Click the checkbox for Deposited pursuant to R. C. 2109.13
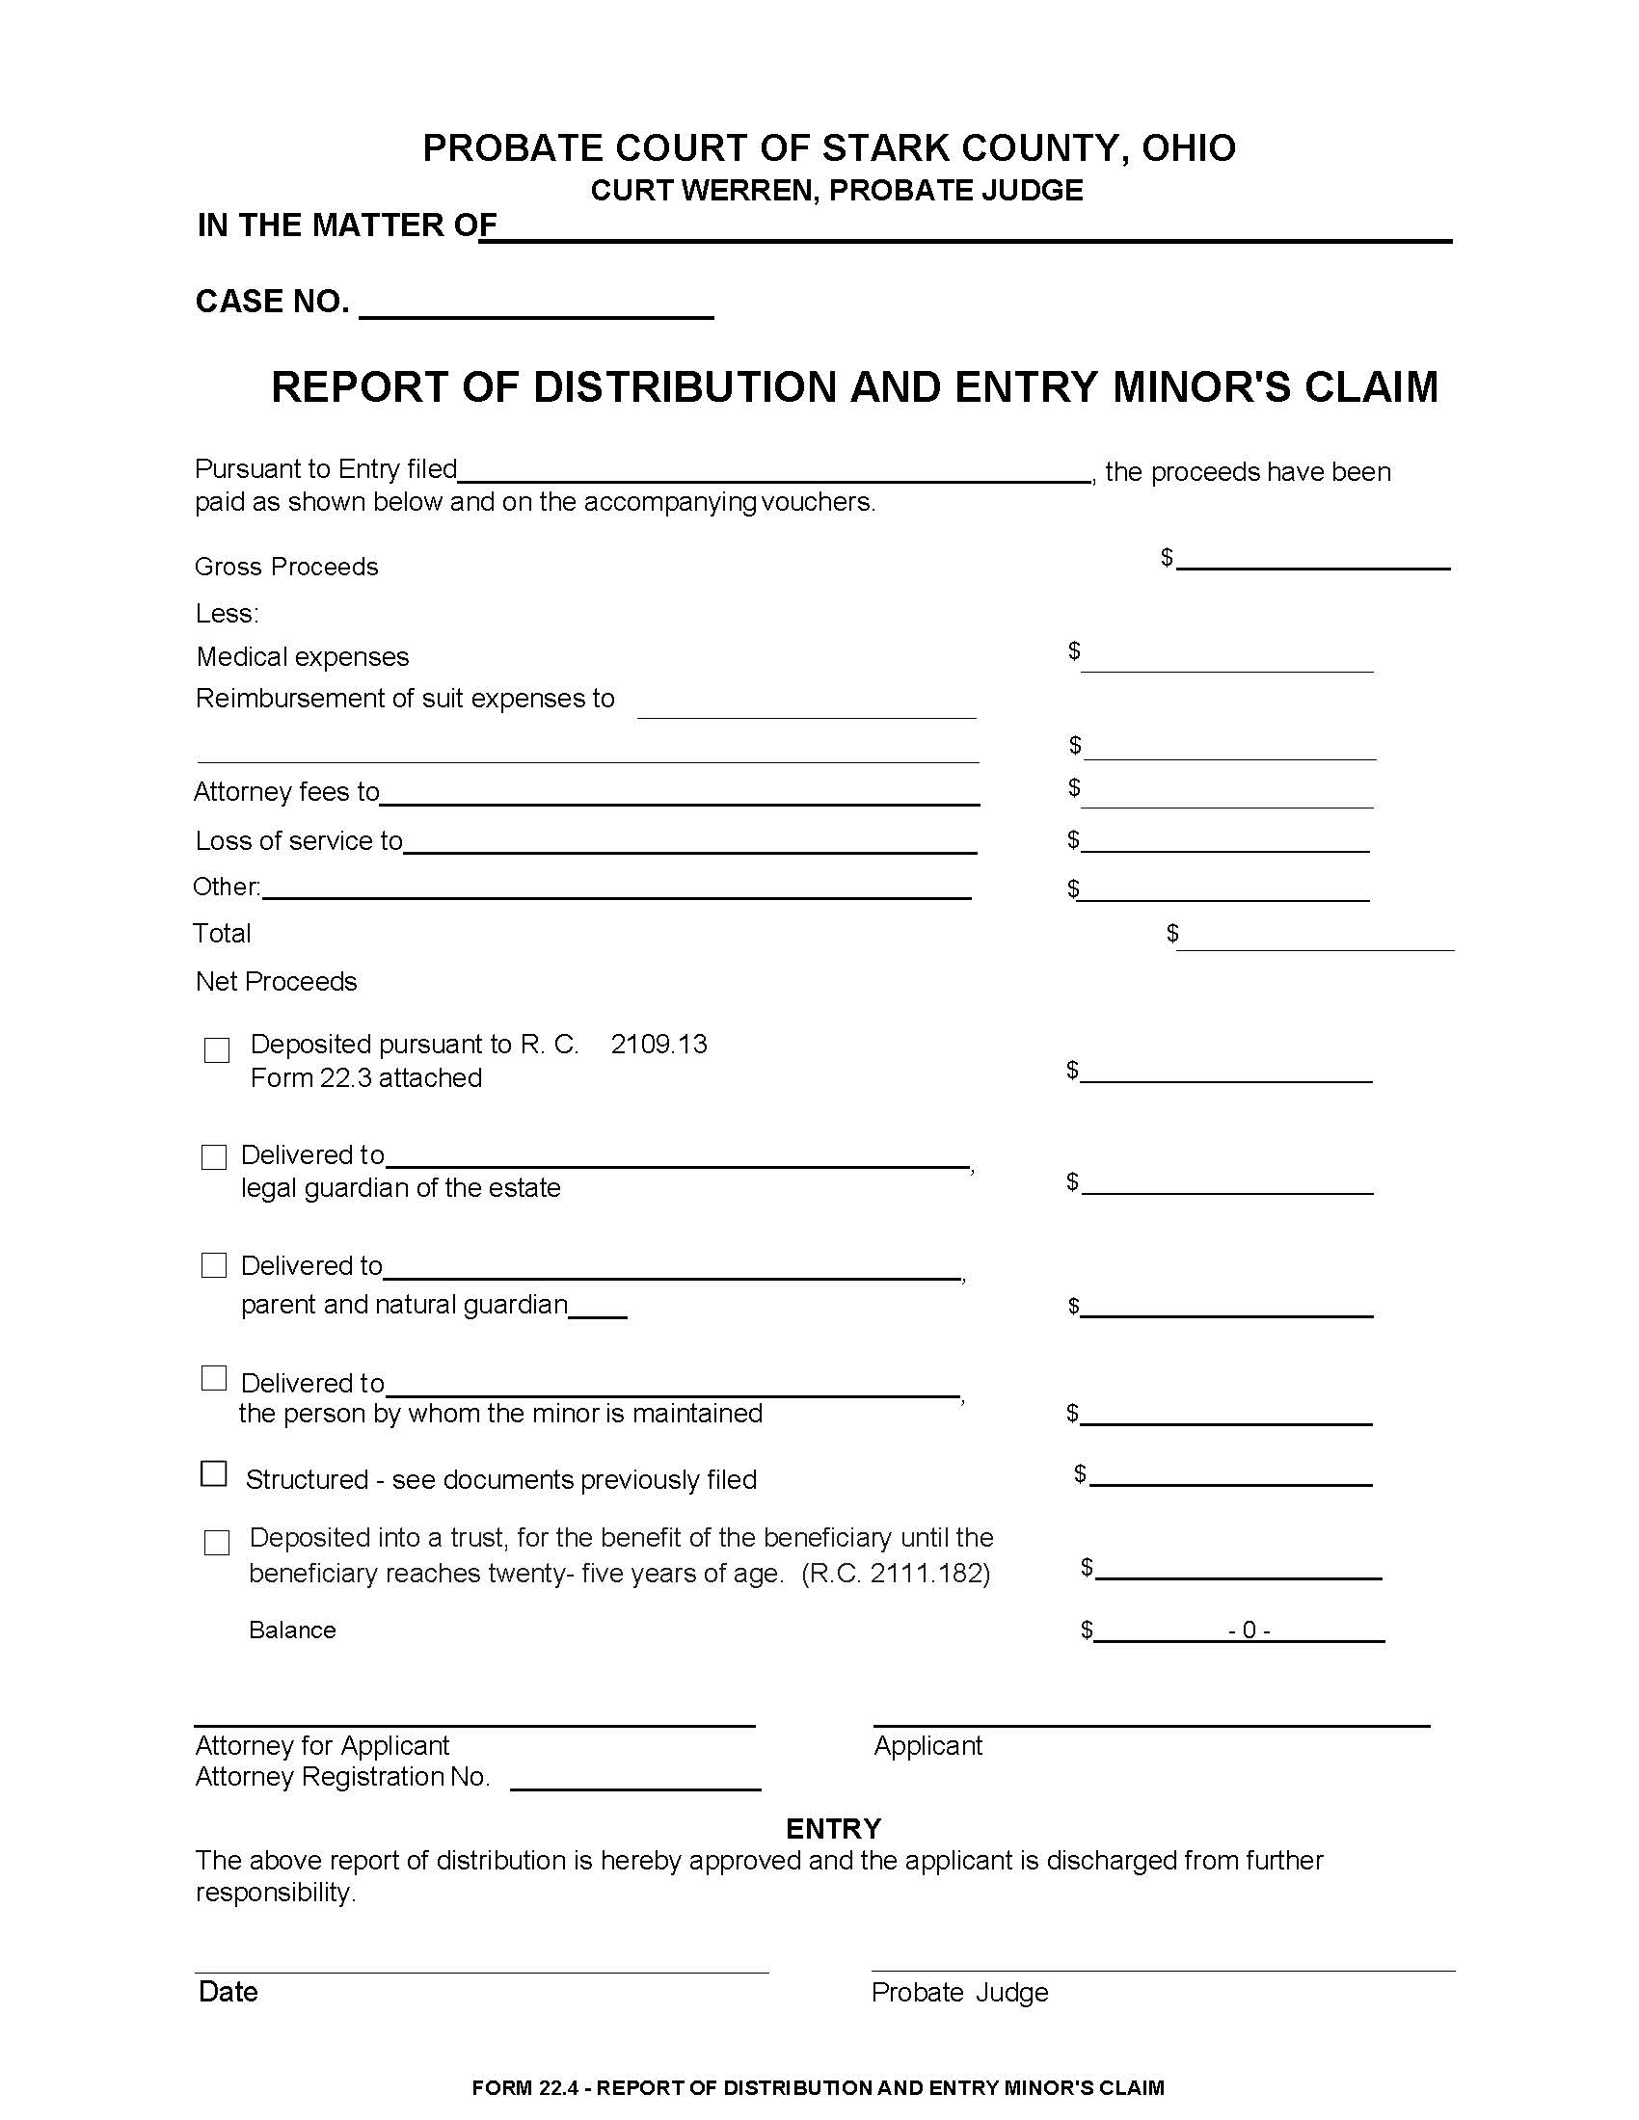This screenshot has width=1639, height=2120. coord(217,1050)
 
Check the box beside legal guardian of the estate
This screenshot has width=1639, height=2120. coord(214,1157)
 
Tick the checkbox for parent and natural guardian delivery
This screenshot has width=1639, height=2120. coord(214,1265)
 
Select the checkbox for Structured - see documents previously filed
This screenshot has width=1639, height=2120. coord(214,1473)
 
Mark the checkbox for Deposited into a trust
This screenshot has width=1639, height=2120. coord(217,1543)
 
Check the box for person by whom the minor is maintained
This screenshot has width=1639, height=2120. coord(214,1378)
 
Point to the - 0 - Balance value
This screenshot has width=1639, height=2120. coord(1249,1630)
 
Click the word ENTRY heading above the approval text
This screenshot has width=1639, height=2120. coord(833,1829)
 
